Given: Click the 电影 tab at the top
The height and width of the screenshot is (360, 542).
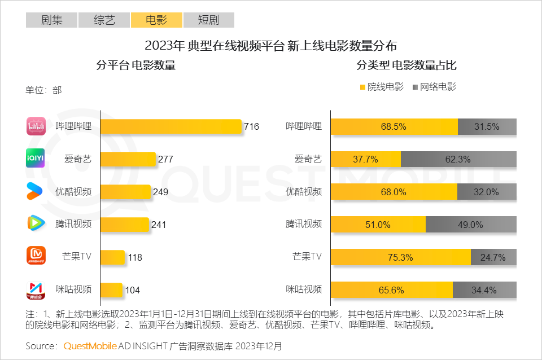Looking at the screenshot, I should click(x=156, y=20).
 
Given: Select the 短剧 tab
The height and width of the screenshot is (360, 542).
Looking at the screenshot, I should click(x=208, y=20).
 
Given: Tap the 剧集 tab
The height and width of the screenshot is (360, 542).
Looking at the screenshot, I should click(x=52, y=20).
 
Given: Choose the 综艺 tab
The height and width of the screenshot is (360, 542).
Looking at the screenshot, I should click(x=104, y=20).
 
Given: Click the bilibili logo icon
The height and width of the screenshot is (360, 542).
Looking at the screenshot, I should click(x=36, y=126).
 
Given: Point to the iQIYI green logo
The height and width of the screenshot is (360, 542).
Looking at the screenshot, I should click(x=36, y=159).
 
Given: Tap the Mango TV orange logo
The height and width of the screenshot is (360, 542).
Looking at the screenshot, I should click(x=36, y=256).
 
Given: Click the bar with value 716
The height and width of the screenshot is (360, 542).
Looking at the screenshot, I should click(x=171, y=127).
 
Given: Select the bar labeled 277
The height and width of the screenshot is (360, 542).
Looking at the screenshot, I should click(x=128, y=159).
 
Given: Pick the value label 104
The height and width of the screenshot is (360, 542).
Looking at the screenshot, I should click(x=132, y=291).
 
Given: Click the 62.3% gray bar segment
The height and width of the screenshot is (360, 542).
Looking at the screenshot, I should click(x=458, y=160).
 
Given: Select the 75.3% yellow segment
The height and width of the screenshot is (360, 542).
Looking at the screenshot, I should click(x=400, y=257).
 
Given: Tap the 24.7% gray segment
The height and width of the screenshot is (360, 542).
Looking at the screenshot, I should click(x=493, y=257).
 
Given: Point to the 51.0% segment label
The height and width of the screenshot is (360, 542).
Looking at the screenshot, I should click(x=378, y=225).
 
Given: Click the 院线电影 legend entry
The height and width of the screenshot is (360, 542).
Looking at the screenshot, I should click(x=382, y=87).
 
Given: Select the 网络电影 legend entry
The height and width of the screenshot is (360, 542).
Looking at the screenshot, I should click(x=434, y=87).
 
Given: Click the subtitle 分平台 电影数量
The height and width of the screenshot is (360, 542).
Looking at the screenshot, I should click(x=136, y=65).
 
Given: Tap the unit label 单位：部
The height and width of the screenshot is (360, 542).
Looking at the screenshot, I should click(x=43, y=90).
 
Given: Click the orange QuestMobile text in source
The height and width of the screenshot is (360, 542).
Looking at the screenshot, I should click(x=90, y=345).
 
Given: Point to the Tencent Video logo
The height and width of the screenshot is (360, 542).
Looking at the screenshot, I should click(x=36, y=223).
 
